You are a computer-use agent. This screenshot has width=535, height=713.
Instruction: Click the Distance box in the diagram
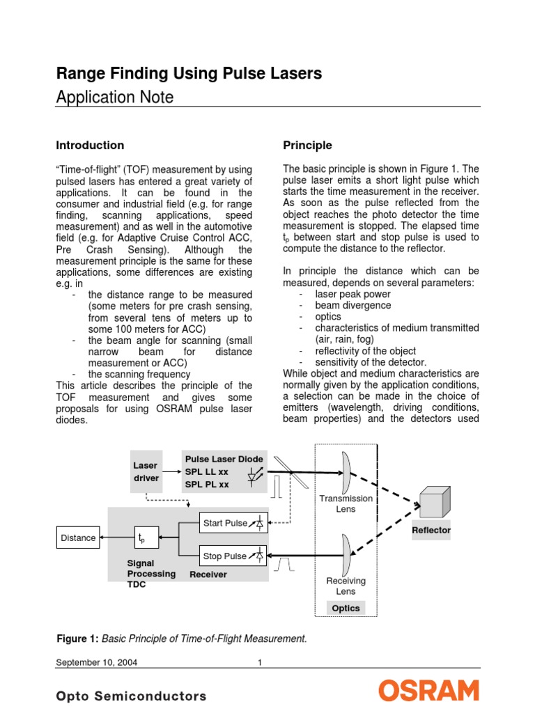coord(78,538)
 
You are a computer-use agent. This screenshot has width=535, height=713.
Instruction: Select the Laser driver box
coord(146,471)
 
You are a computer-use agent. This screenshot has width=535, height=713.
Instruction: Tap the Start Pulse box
coord(233,523)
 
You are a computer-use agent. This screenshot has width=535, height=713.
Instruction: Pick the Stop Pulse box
coord(233,556)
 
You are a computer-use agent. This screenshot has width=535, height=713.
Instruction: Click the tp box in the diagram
coord(146,538)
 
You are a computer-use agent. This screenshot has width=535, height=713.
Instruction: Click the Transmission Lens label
coord(346,503)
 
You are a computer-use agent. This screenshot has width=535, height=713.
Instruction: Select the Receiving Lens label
coord(346,586)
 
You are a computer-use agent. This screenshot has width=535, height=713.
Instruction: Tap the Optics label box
coord(346,608)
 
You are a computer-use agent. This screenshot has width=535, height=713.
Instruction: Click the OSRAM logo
coord(429,691)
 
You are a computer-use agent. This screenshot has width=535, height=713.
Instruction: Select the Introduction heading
coord(90,145)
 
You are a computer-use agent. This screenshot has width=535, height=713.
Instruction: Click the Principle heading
coord(307,145)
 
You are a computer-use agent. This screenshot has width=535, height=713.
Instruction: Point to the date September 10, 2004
coord(96,662)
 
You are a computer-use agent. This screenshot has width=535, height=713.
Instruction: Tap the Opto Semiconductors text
coord(131,696)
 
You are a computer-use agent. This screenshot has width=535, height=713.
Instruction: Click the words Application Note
coord(114,97)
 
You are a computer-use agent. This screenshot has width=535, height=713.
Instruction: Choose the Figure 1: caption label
coord(77,638)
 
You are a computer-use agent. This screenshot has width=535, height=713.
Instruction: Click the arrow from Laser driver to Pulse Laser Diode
coord(171,471)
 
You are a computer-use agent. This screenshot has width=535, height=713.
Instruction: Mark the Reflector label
coord(431,530)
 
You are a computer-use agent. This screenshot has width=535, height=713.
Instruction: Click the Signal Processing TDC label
coord(151,574)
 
